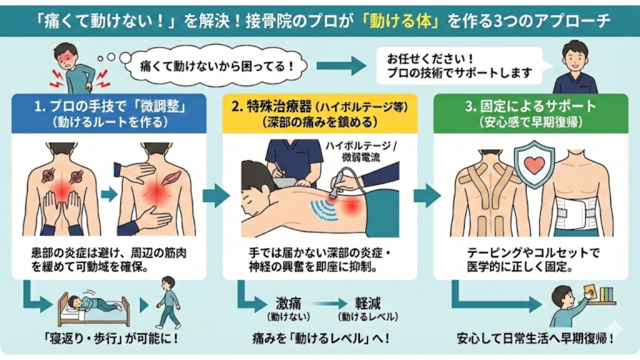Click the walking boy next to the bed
(167, 302)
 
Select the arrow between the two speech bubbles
(341, 65)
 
